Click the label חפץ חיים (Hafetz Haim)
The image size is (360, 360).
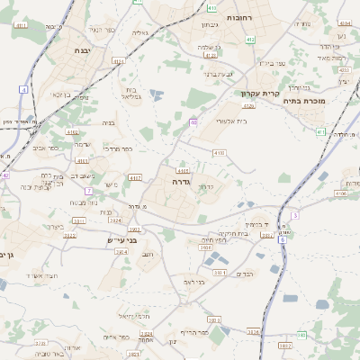pos(212,240)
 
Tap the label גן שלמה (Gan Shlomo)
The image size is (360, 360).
pos(209,46)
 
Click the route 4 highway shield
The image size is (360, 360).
pos(21,89)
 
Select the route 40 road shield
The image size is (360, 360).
pos(193,121)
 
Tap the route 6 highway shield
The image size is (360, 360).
pos(282,239)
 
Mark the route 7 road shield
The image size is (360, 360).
pos(88,191)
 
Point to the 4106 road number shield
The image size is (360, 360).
pos(340,193)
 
